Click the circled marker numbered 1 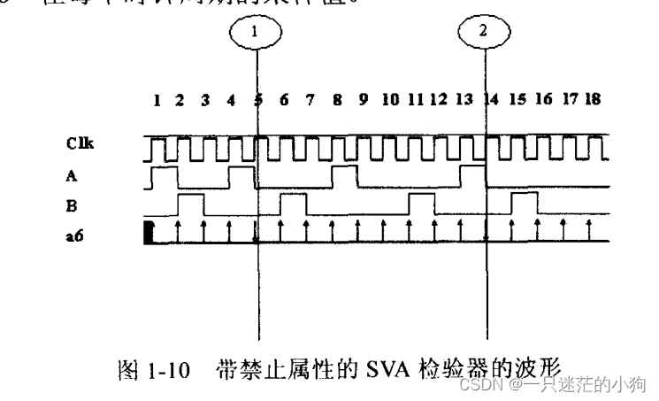256,31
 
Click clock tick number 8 337,100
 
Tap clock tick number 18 593,100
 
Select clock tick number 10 389,100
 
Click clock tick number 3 205,100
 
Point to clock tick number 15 518,100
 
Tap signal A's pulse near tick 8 344,176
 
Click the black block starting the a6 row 149,234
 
